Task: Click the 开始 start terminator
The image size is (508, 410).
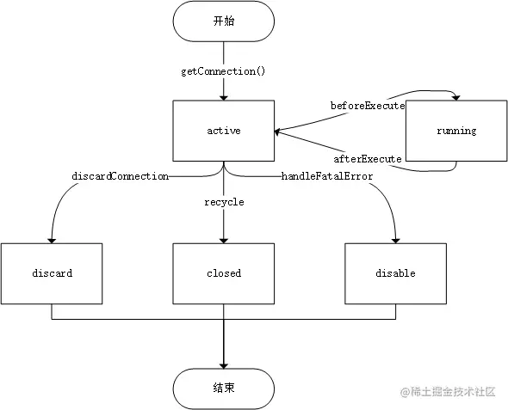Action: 223,21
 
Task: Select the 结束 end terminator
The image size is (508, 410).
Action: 223,388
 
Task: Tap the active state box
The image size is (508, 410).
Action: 223,131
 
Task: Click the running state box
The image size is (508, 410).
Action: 455,131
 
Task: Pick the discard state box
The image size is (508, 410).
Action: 52,273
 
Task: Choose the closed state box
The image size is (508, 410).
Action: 223,273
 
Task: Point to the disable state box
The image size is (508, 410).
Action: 395,273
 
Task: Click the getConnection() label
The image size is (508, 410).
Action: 223,70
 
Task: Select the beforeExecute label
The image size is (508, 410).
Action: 367,105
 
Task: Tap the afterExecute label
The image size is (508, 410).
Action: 368,159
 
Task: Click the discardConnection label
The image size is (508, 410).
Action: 119,176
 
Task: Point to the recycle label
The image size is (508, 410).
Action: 224,202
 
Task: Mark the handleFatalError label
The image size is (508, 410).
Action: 327,176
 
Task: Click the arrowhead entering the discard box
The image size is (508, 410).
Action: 52,239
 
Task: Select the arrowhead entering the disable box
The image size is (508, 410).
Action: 395,239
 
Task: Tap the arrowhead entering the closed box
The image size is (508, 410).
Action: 223,239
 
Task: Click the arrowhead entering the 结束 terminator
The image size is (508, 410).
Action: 223,364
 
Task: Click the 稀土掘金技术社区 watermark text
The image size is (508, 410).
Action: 454,392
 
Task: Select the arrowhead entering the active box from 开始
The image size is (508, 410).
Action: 223,96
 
